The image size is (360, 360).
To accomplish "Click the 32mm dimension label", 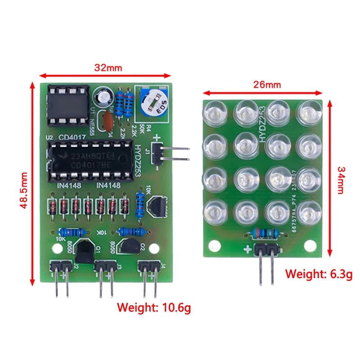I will point(108,68).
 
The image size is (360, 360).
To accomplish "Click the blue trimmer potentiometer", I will point(153,104).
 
